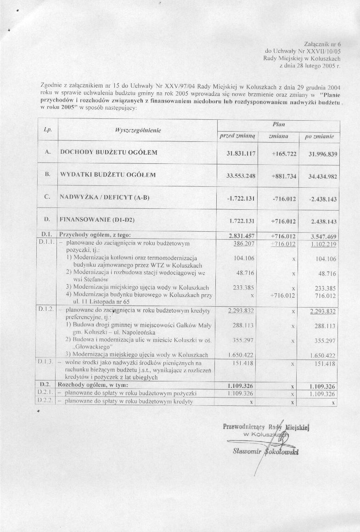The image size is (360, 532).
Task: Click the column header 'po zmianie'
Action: (x=320, y=137)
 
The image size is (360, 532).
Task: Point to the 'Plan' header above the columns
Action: (x=278, y=124)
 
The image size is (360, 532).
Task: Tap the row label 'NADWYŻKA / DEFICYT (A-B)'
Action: (x=105, y=198)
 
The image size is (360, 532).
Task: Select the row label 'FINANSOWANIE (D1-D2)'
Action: (x=97, y=220)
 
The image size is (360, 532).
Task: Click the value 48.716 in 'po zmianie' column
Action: (x=326, y=274)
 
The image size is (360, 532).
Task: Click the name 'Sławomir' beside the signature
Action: (x=247, y=452)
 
